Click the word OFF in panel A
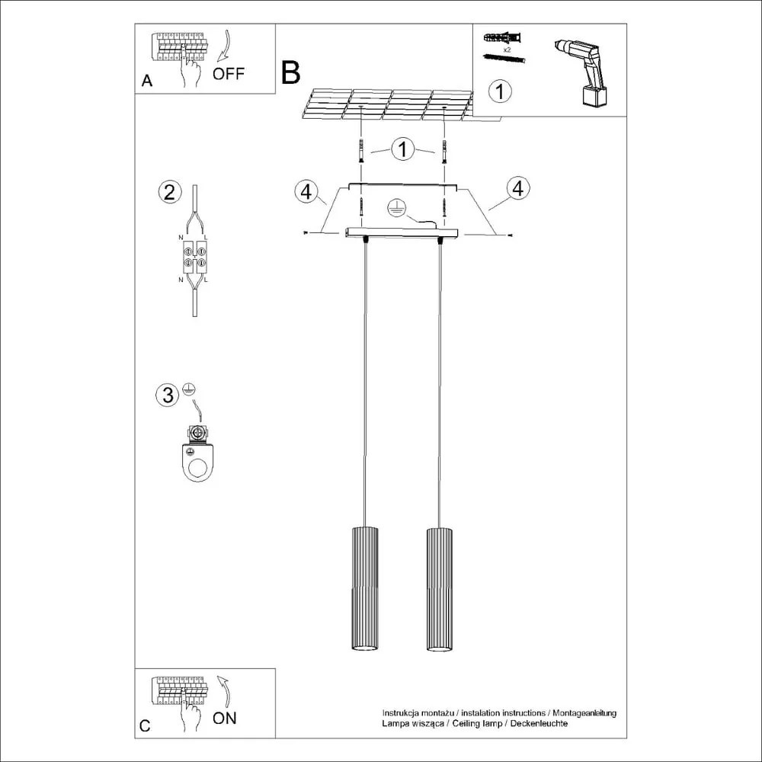(229, 74)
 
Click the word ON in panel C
(225, 718)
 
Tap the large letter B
(290, 72)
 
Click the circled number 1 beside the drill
(499, 91)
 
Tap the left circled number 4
(306, 192)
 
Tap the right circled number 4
(517, 188)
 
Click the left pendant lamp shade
(364, 588)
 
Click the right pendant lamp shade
(439, 588)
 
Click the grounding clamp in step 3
(198, 457)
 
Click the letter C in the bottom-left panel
(146, 726)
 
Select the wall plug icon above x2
(503, 38)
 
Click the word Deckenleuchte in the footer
(541, 722)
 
